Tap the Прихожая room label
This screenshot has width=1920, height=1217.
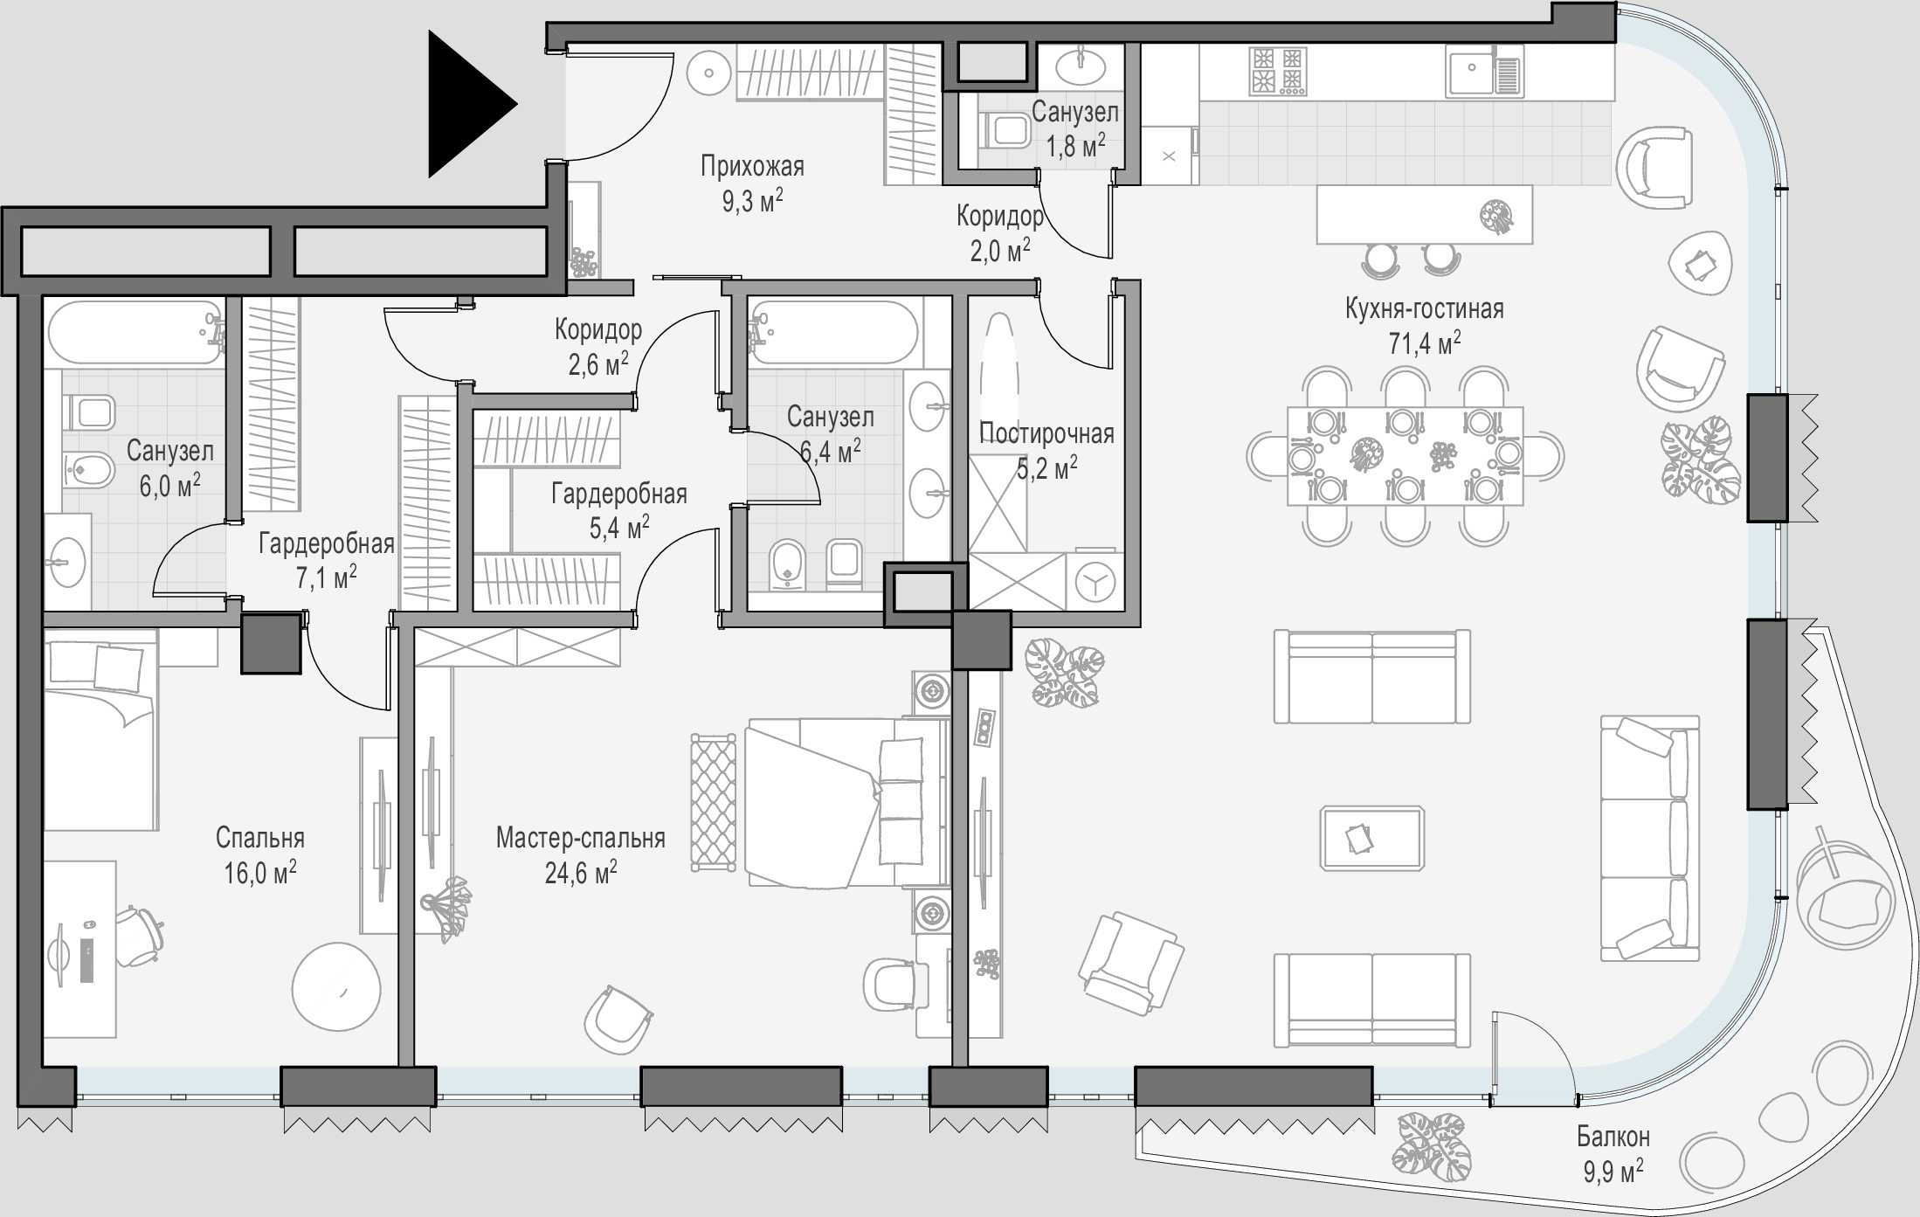[x=752, y=166]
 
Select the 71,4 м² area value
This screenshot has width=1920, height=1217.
[x=1425, y=343]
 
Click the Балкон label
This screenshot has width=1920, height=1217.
[x=1613, y=1137]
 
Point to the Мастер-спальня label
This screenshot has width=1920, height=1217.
[x=581, y=839]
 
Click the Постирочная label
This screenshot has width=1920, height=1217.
[x=1046, y=433]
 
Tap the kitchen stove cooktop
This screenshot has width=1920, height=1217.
[x=1278, y=71]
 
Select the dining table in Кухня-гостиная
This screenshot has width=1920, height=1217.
[x=1405, y=456]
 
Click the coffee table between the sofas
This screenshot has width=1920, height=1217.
[x=1371, y=839]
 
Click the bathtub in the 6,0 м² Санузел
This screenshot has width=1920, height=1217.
[x=135, y=333]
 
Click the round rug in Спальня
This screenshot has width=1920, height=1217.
[x=336, y=989]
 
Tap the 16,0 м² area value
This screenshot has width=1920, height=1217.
[x=260, y=872]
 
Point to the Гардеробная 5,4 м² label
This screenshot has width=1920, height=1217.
[x=619, y=510]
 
